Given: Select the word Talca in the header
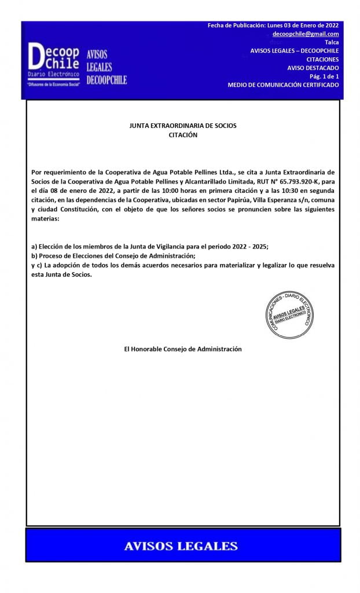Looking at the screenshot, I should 332,42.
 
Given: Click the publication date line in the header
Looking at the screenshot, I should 273,25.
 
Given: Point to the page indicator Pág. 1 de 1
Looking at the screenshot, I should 324,76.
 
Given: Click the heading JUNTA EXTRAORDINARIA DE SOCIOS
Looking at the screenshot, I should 182,126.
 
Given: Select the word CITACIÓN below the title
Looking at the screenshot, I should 182,134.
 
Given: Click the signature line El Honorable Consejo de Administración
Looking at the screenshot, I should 182,349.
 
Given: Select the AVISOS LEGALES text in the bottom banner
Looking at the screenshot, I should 181,546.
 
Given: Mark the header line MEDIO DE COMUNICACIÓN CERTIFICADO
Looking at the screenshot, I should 283,85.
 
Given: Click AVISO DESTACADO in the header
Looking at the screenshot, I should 313,68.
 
